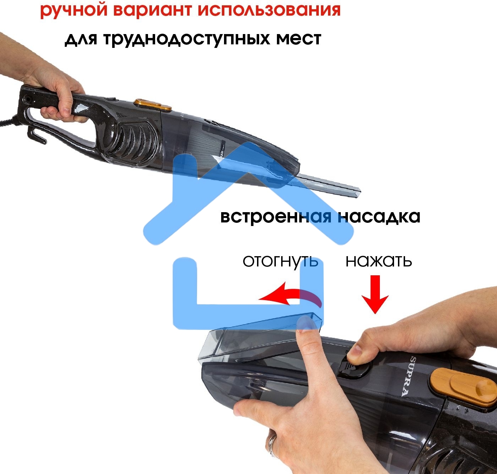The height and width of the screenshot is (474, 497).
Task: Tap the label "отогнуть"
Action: coord(280,261)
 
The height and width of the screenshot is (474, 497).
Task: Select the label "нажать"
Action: coord(378,261)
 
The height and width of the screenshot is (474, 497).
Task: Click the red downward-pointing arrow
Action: coord(375,294)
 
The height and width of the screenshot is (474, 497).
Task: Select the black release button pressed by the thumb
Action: coord(354,369)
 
